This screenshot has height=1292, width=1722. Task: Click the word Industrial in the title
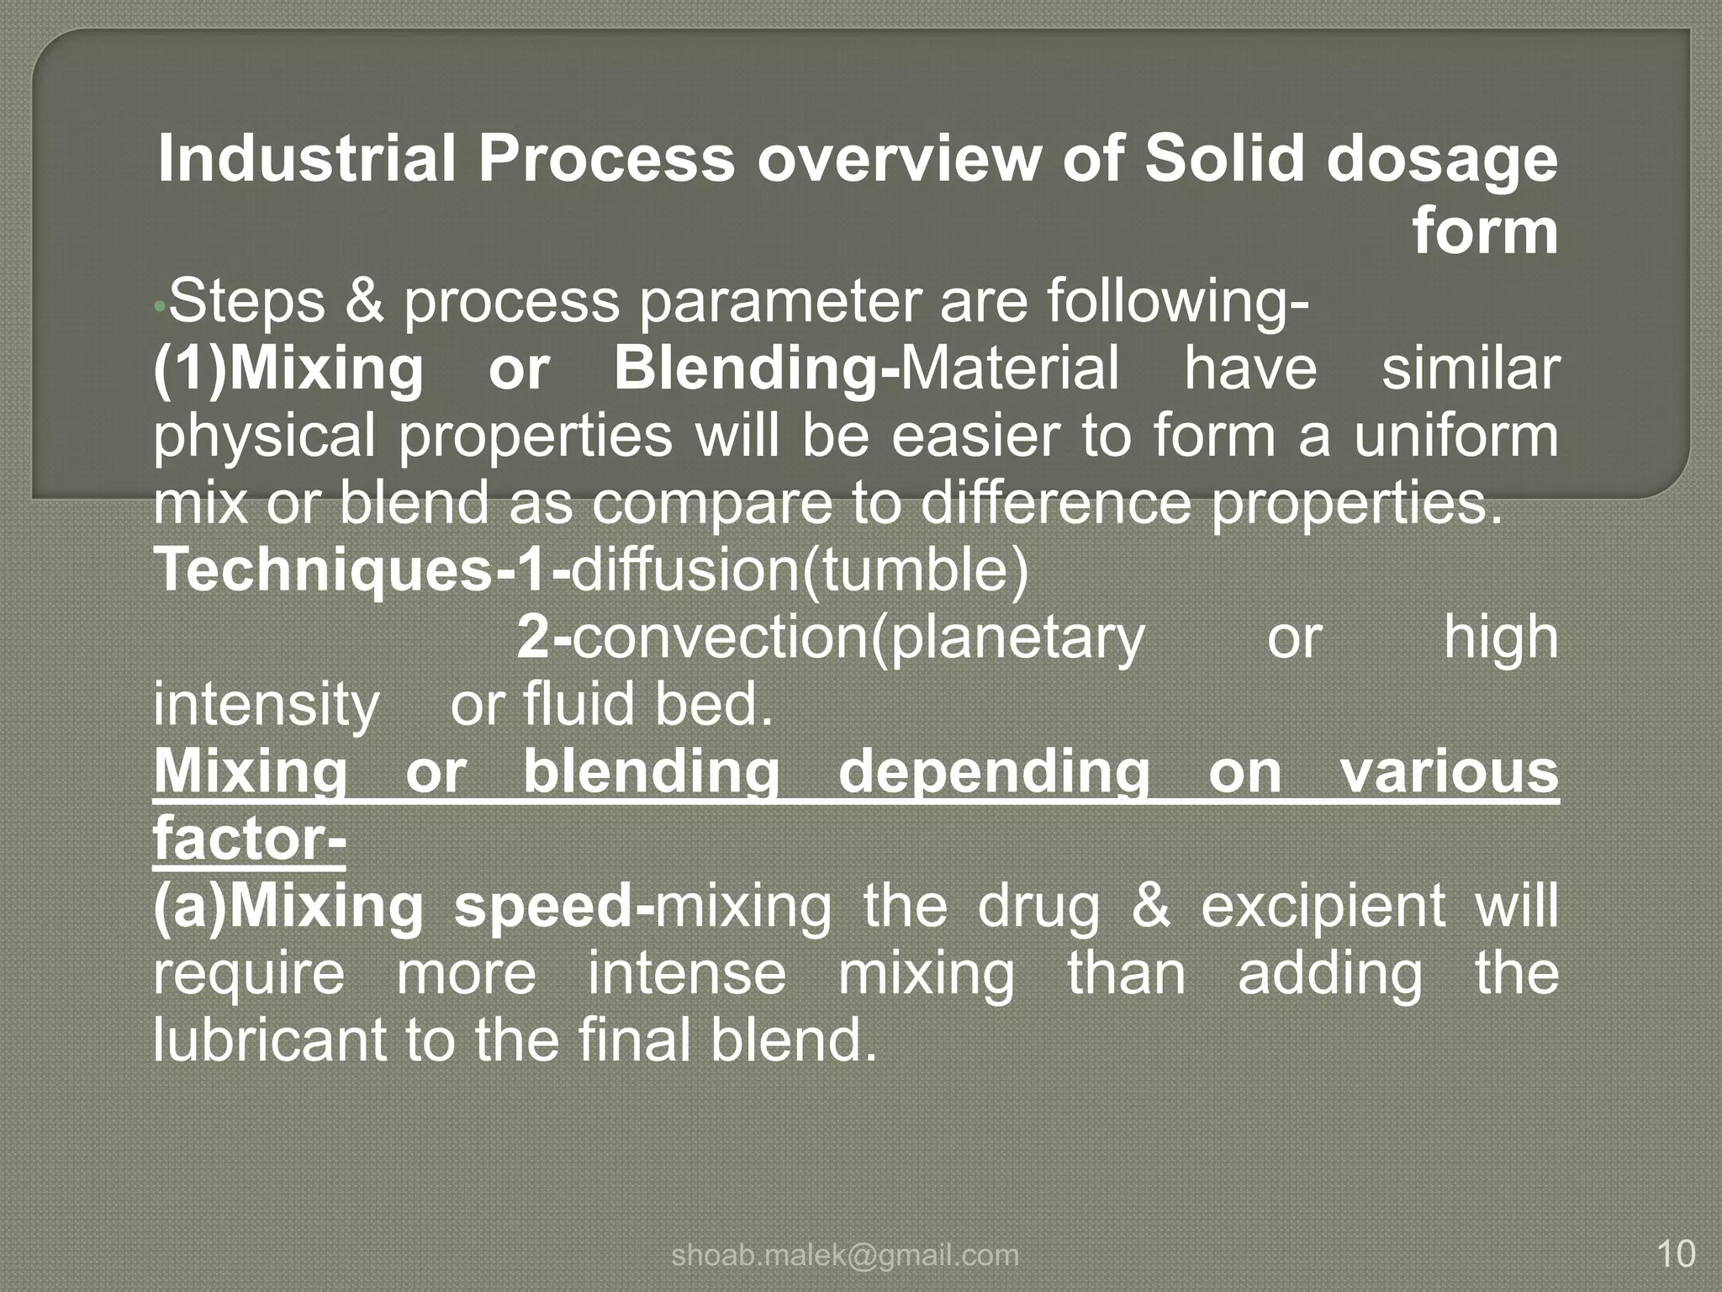308,159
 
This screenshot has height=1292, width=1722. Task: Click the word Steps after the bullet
246,301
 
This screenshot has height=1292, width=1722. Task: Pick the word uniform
1456,436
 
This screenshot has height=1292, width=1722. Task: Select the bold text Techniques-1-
362,571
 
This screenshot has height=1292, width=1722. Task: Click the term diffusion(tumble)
800,571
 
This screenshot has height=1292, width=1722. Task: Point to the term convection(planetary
858,638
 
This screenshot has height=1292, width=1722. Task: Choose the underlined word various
1450,771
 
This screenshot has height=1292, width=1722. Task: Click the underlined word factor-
250,839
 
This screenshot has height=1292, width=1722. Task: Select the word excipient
1323,907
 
